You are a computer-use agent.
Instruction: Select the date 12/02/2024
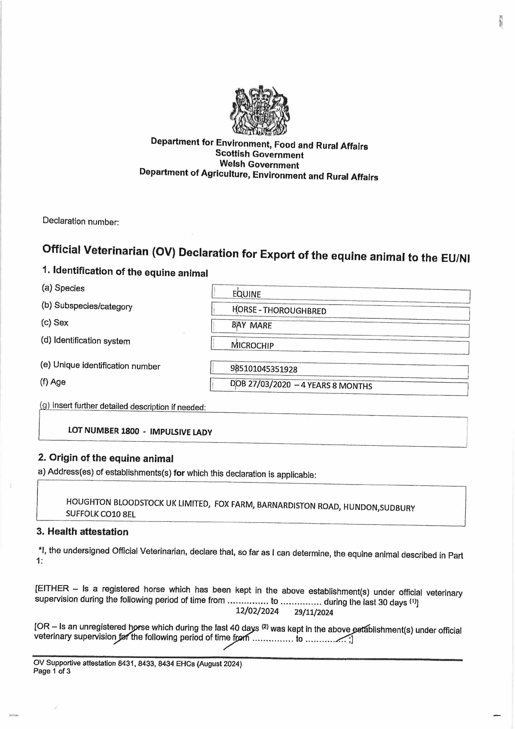(x=257, y=611)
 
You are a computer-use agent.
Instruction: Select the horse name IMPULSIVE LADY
(x=181, y=432)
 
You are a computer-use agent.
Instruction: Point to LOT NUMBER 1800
(x=103, y=431)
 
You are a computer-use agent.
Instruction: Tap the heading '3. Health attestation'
(x=82, y=532)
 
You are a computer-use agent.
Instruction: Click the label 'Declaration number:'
(x=81, y=221)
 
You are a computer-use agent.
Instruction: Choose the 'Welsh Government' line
(x=259, y=164)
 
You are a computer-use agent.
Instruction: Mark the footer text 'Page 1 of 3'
(x=52, y=671)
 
